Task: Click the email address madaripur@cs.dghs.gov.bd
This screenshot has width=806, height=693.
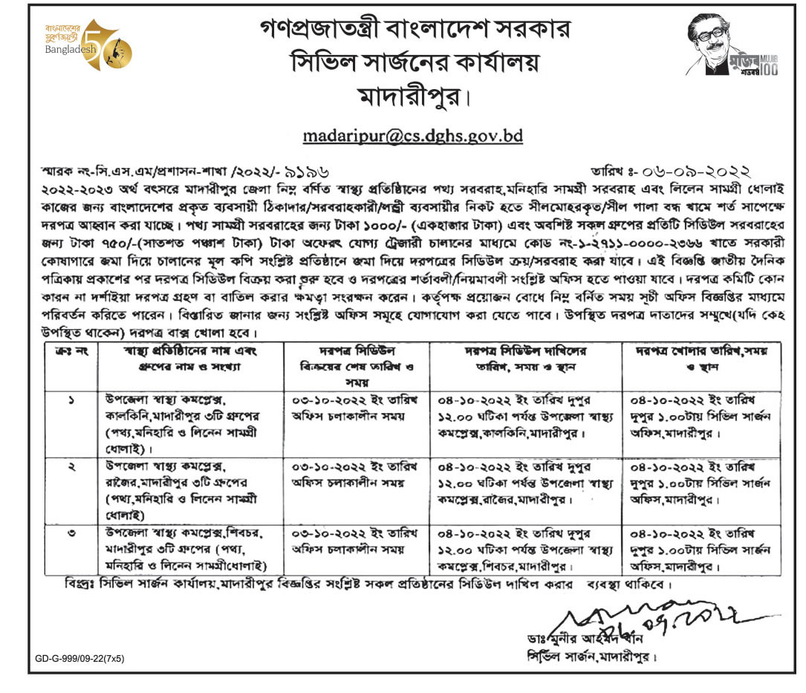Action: tap(413, 136)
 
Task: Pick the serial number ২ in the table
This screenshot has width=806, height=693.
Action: tap(71, 465)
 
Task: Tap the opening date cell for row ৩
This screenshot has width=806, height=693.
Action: tap(700, 549)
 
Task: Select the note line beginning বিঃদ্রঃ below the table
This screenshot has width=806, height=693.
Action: tap(368, 584)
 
